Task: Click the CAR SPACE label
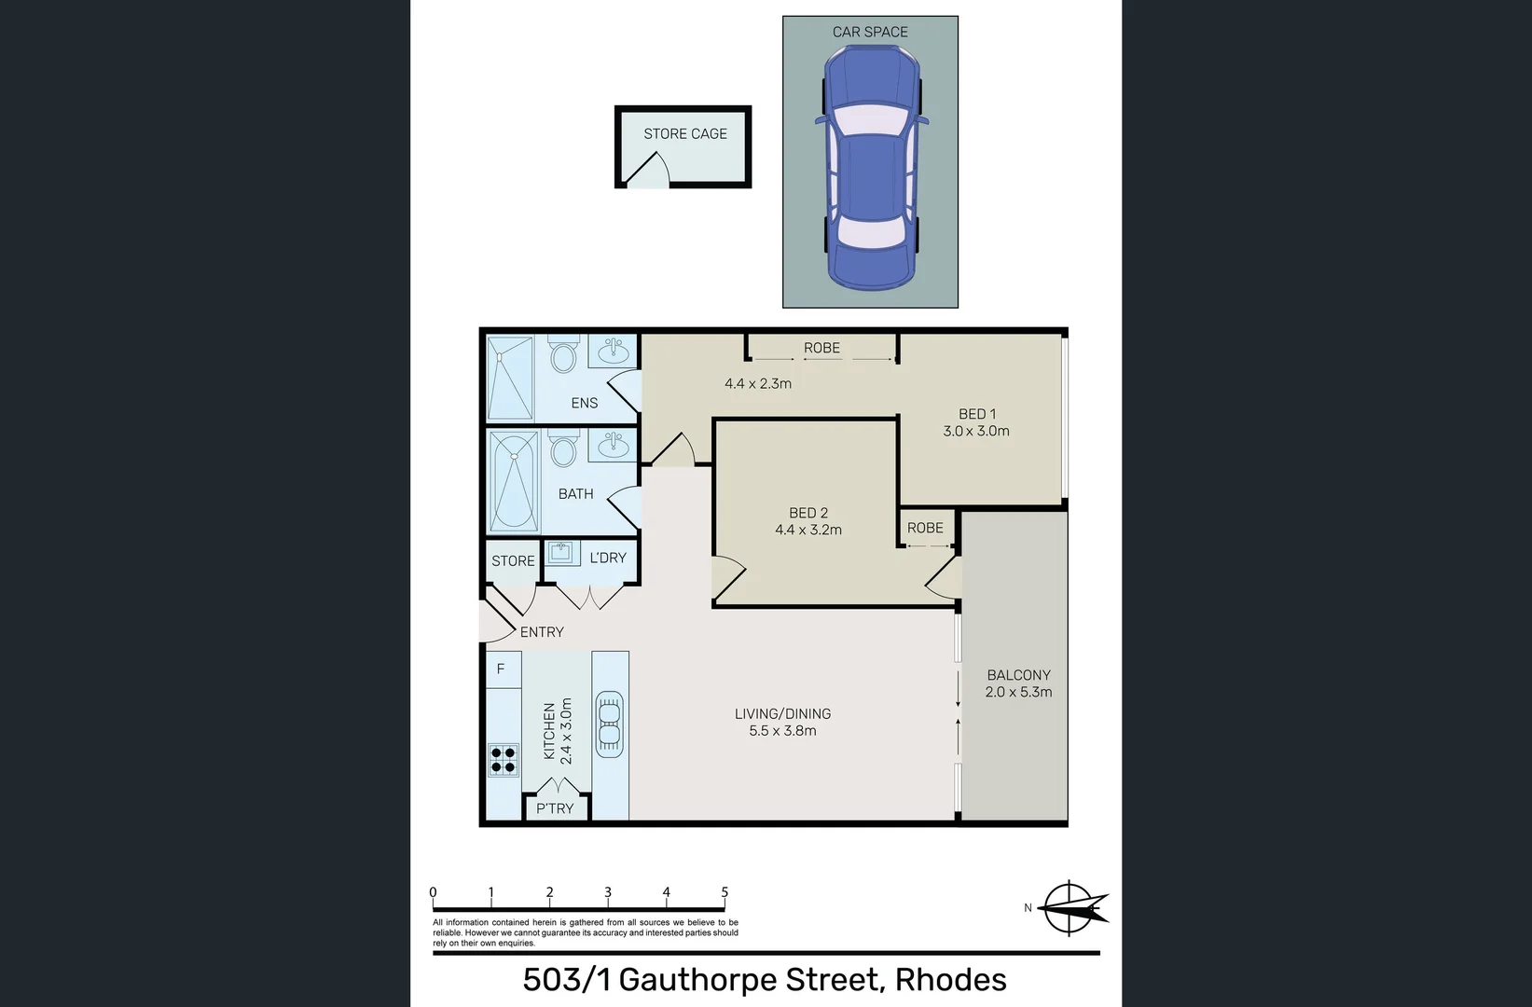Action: tap(869, 32)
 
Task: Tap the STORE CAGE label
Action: tap(684, 134)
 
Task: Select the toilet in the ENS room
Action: tap(563, 355)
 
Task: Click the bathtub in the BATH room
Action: tap(514, 481)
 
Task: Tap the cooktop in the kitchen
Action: tap(504, 760)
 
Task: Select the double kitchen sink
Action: tap(609, 724)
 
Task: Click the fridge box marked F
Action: tap(502, 669)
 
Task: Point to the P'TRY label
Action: tap(555, 808)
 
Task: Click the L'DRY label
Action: tap(608, 558)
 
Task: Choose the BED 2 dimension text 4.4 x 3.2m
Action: tap(807, 530)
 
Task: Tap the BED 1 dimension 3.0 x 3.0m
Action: tap(975, 431)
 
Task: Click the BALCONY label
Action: tap(1018, 675)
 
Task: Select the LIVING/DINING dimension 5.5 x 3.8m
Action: tap(782, 731)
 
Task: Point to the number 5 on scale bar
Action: tap(725, 892)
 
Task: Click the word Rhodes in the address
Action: tap(950, 980)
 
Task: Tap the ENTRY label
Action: tap(542, 632)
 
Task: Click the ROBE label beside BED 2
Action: tap(925, 528)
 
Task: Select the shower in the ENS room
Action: tap(510, 379)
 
